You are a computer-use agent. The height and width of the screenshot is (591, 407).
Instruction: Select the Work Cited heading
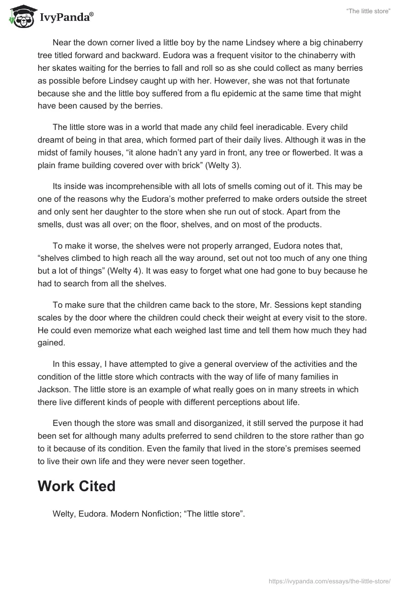click(x=76, y=486)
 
